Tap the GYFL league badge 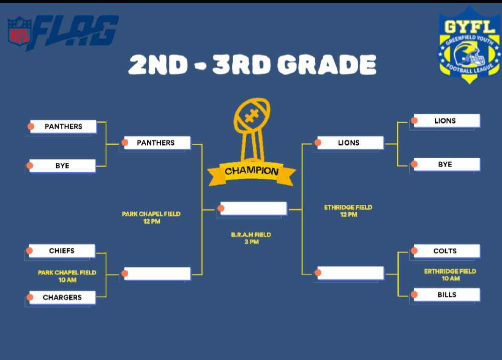pyautogui.click(x=469, y=45)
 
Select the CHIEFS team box pyautogui.click(x=62, y=251)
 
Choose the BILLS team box pyautogui.click(x=446, y=295)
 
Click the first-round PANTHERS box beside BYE pyautogui.click(x=63, y=126)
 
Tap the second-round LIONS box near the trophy pyautogui.click(x=350, y=143)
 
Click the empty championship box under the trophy pyautogui.click(x=254, y=208)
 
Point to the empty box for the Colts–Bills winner pyautogui.click(x=350, y=273)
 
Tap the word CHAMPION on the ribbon pyautogui.click(x=252, y=171)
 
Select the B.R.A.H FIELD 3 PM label pyautogui.click(x=251, y=238)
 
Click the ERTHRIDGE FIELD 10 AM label pyautogui.click(x=450, y=275)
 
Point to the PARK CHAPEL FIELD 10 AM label pyautogui.click(x=67, y=276)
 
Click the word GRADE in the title pyautogui.click(x=327, y=64)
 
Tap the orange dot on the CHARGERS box pyautogui.click(x=30, y=297)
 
